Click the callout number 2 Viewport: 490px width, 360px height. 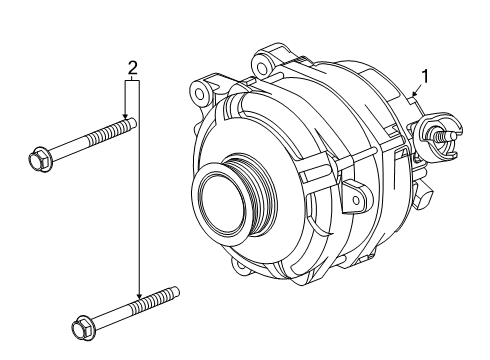coord(131,68)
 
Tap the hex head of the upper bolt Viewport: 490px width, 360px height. coord(38,157)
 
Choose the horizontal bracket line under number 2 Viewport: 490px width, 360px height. coord(132,82)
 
